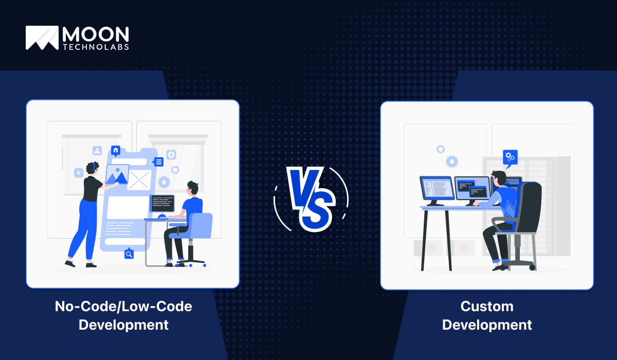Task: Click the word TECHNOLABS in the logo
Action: (96, 47)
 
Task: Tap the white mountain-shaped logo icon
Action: (42, 38)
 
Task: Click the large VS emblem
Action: (311, 199)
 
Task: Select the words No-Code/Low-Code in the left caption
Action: (123, 307)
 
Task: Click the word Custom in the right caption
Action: (487, 307)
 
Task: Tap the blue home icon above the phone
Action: (116, 150)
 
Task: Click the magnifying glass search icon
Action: (129, 254)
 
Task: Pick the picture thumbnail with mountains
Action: (117, 174)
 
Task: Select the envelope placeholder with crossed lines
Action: (139, 180)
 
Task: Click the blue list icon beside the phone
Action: (158, 161)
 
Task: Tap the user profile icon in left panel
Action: (97, 151)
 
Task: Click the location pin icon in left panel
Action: (79, 173)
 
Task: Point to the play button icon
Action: (171, 154)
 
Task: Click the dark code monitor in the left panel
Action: (162, 203)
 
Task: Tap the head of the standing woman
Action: (92, 168)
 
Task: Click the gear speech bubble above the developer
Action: (510, 158)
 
